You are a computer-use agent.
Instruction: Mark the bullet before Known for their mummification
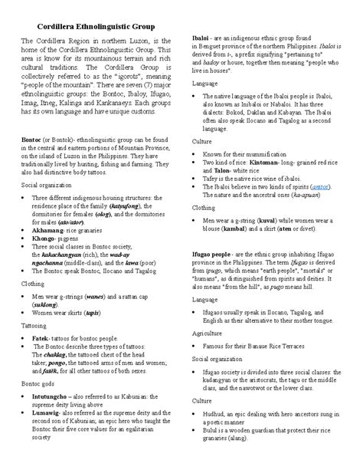click(x=196, y=133)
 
